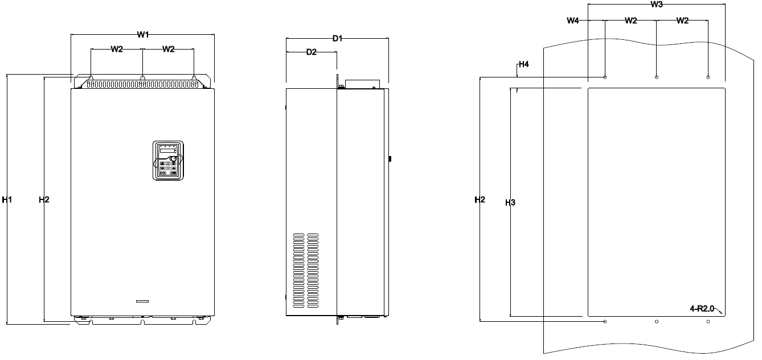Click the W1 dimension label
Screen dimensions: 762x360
[x=143, y=34]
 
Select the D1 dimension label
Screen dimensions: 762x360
[x=337, y=39]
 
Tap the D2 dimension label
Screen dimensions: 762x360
[x=312, y=52]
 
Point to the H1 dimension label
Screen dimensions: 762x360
[x=7, y=199]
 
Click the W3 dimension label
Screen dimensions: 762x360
[x=657, y=5]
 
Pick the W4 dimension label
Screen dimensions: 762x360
[x=573, y=21]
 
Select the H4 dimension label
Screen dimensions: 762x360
[x=523, y=64]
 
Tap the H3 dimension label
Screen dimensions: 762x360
[x=510, y=203]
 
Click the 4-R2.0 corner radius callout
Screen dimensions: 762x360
[x=702, y=309]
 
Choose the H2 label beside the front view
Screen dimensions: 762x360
[x=44, y=199]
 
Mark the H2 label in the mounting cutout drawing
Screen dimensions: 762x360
[x=480, y=199]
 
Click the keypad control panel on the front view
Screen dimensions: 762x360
[x=168, y=160]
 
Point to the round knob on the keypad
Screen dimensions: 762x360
[x=173, y=159]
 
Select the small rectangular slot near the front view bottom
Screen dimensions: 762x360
[x=142, y=301]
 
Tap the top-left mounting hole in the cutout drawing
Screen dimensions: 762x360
[x=605, y=77]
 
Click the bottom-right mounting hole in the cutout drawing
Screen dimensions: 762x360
[x=708, y=321]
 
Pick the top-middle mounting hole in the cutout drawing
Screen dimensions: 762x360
[x=657, y=77]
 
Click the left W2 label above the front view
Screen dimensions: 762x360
[x=117, y=49]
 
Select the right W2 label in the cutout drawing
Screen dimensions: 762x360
[x=682, y=21]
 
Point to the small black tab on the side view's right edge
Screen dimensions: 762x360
[x=390, y=158]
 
